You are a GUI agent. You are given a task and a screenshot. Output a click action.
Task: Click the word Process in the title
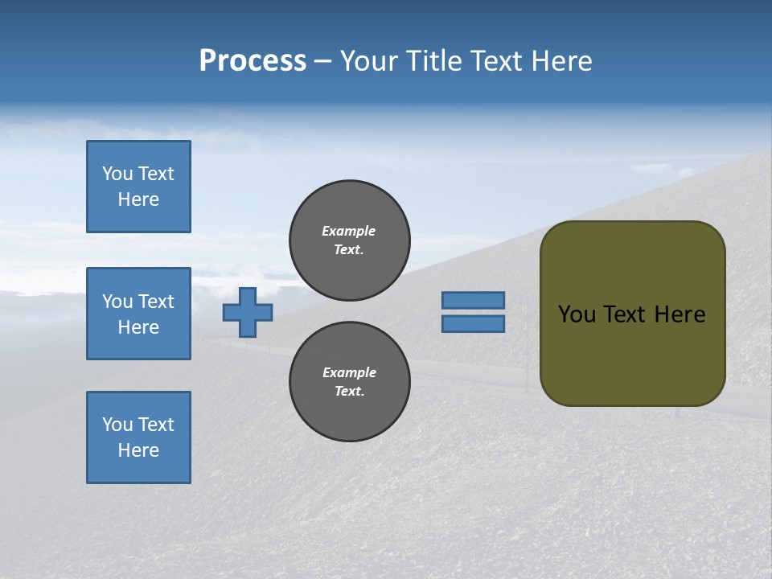click(253, 61)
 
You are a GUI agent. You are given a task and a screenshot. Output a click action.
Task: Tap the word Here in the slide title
click(561, 61)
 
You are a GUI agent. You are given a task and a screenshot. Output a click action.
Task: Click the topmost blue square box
click(138, 187)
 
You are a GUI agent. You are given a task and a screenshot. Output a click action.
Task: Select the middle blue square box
click(138, 314)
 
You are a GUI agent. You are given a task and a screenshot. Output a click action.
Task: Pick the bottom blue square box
click(138, 437)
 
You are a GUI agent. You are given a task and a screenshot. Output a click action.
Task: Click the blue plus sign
click(248, 312)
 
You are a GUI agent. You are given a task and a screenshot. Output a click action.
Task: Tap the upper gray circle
click(350, 240)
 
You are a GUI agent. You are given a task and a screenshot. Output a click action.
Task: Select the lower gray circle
click(350, 382)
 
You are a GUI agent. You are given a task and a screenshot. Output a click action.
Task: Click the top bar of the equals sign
click(474, 300)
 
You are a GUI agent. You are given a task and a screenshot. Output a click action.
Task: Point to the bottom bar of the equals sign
click(474, 323)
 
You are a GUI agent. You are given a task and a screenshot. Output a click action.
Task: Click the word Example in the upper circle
click(349, 231)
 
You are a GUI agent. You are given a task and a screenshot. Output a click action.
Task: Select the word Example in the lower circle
click(349, 372)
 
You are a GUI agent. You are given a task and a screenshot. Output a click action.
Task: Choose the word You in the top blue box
click(117, 174)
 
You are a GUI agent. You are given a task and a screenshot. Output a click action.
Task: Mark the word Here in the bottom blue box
click(138, 450)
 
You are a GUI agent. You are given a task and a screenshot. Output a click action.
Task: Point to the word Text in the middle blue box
click(156, 302)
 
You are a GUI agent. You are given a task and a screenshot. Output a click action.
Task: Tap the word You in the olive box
click(577, 314)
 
